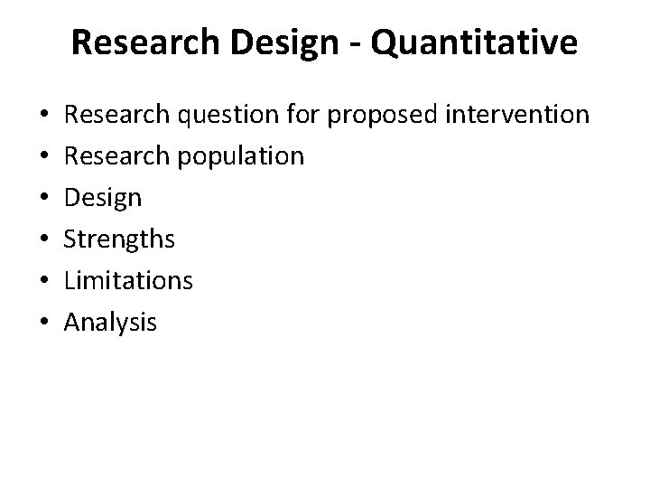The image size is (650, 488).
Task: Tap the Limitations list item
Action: [129, 281]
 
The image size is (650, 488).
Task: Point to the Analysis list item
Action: [111, 323]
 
